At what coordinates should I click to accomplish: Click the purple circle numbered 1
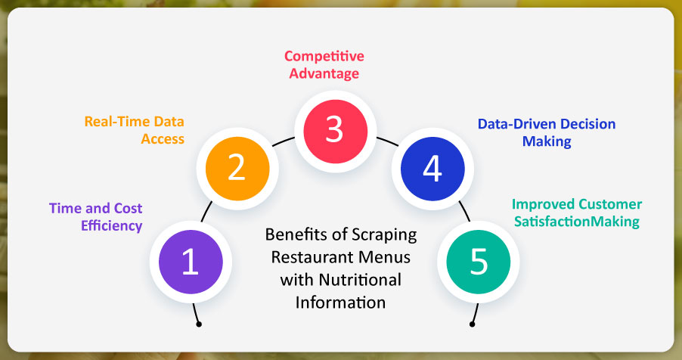point(191,262)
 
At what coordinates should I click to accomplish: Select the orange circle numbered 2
point(237,169)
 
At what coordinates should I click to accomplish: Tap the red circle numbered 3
point(335,131)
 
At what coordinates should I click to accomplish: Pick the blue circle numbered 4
point(432,169)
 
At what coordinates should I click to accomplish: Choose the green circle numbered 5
point(479,262)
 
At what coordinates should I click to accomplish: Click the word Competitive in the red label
point(324,56)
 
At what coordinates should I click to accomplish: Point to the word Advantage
point(324,73)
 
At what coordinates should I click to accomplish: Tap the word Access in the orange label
point(163,139)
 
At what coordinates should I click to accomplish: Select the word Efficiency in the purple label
point(112,226)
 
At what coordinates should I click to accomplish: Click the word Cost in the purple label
point(128,209)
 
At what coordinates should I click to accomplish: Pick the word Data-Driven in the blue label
point(516,124)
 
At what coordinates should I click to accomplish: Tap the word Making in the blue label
point(547,141)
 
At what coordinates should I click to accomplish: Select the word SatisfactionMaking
point(577,222)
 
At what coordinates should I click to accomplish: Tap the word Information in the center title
point(340,303)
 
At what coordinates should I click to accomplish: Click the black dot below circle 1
point(199,324)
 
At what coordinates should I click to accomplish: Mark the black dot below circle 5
point(472,324)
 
